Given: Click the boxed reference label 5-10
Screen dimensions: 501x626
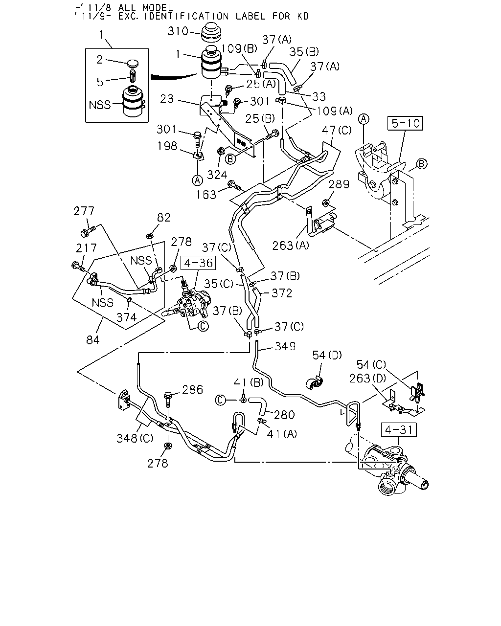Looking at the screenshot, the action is (405, 123).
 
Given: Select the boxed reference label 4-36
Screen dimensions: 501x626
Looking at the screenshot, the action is (199, 263).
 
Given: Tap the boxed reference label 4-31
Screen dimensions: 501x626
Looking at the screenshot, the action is (399, 430).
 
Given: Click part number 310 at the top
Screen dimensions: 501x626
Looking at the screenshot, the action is (178, 31).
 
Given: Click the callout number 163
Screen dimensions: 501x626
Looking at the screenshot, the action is (206, 195).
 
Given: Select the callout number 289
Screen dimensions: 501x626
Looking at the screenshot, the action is (339, 184).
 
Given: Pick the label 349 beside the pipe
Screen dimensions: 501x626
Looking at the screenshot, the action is (285, 346).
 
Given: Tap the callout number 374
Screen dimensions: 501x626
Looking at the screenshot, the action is (126, 317).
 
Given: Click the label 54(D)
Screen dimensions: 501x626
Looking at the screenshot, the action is (327, 355).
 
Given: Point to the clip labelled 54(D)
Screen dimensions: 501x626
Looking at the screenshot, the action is (315, 383).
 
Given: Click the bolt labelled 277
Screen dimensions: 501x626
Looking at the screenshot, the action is (88, 231).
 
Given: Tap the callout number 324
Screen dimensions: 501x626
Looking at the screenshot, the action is (217, 175).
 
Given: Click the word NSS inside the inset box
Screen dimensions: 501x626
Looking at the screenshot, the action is (100, 105).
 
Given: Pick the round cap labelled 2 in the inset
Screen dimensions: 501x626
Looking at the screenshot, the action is (133, 63).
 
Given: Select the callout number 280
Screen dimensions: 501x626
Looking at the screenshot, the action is (284, 415).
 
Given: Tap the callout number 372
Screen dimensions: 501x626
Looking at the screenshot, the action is (281, 293).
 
